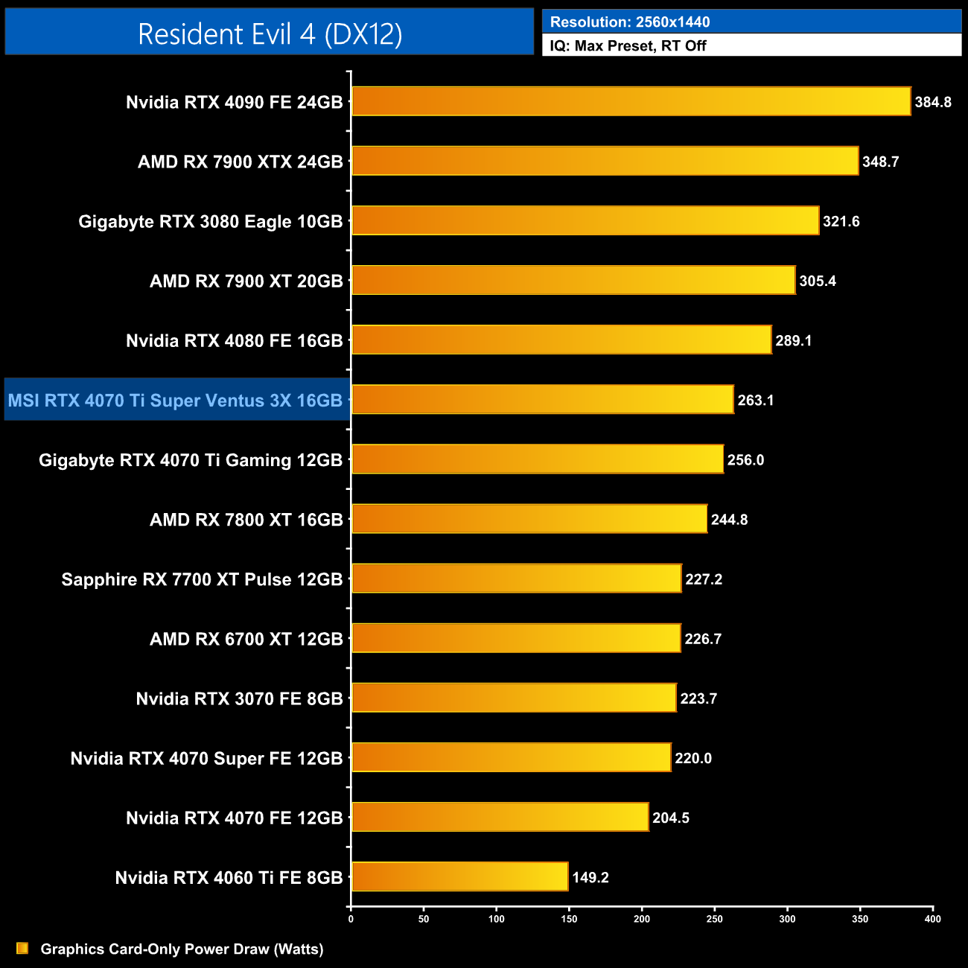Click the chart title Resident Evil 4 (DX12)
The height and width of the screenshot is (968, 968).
click(x=270, y=34)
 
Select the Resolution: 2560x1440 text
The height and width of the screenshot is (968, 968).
click(x=630, y=22)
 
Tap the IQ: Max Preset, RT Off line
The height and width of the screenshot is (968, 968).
click(x=628, y=46)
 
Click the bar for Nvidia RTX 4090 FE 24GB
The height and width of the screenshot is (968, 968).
click(x=631, y=101)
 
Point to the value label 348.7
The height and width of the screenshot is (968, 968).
click(x=881, y=162)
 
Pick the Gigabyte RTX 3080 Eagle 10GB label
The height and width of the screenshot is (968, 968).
click(x=211, y=222)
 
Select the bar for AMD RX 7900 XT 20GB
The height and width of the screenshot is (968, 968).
click(x=573, y=280)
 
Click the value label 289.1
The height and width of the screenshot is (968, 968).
click(x=794, y=341)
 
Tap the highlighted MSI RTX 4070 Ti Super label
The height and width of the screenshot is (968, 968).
click(x=176, y=401)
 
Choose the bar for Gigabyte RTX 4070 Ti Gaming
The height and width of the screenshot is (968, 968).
click(x=537, y=459)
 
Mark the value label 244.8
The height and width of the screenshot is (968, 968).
click(x=729, y=520)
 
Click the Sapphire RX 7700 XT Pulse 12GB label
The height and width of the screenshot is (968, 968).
click(x=202, y=580)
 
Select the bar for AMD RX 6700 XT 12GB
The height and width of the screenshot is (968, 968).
click(x=516, y=638)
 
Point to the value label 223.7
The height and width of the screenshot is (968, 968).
click(x=698, y=698)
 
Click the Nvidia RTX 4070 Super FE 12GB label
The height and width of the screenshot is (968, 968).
click(x=206, y=759)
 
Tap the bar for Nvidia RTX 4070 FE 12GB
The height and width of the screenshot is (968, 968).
click(x=500, y=817)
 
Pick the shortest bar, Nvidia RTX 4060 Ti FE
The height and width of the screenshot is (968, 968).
click(x=459, y=876)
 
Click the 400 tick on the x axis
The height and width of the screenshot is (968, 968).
click(x=932, y=919)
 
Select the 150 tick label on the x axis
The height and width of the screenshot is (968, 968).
click(x=569, y=919)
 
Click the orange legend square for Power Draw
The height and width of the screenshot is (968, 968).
click(x=22, y=949)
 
